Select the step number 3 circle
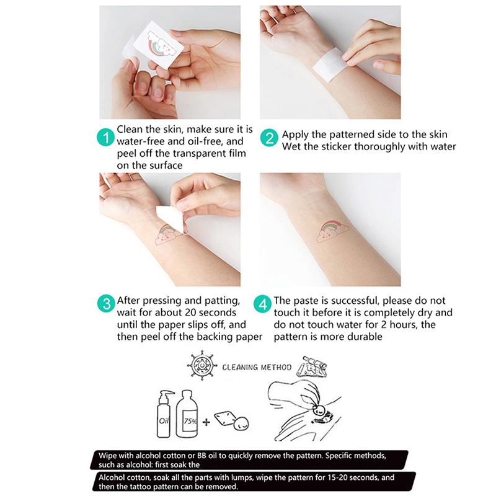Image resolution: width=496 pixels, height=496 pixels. (107, 304)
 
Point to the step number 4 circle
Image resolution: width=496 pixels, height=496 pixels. (263, 304)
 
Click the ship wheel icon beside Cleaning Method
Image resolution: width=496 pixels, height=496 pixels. (201, 366)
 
